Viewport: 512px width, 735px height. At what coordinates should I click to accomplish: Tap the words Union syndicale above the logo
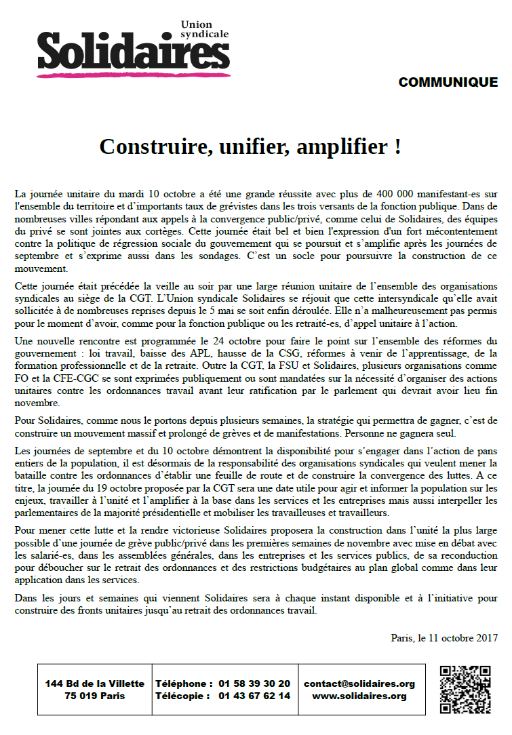[205, 28]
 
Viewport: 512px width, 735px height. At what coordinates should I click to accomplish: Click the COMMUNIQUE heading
[448, 83]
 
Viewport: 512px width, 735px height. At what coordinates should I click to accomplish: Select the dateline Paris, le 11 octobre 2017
[444, 637]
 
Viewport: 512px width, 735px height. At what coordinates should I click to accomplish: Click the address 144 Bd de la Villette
[95, 683]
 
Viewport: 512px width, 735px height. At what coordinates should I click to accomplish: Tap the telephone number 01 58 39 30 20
[254, 683]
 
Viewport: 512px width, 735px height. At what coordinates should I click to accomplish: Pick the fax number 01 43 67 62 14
[254, 696]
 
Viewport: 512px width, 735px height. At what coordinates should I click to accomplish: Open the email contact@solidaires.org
[359, 683]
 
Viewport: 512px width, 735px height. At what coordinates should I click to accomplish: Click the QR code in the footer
[465, 690]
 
